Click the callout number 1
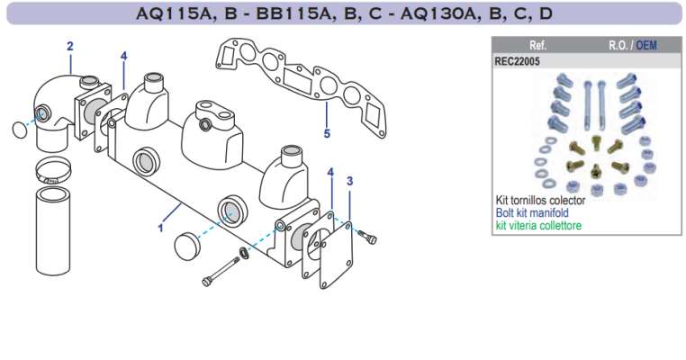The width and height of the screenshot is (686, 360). [x=160, y=228]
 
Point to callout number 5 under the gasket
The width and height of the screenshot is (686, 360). [x=326, y=134]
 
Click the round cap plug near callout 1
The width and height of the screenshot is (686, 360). [x=185, y=244]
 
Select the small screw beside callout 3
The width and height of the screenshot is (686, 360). [x=366, y=237]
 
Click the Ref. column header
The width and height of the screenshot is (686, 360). [x=538, y=44]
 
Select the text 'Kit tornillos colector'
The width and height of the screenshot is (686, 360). [x=540, y=200]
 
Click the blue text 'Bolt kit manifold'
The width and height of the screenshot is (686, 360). [x=532, y=212]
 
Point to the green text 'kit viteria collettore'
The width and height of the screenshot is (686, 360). [x=538, y=225]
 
